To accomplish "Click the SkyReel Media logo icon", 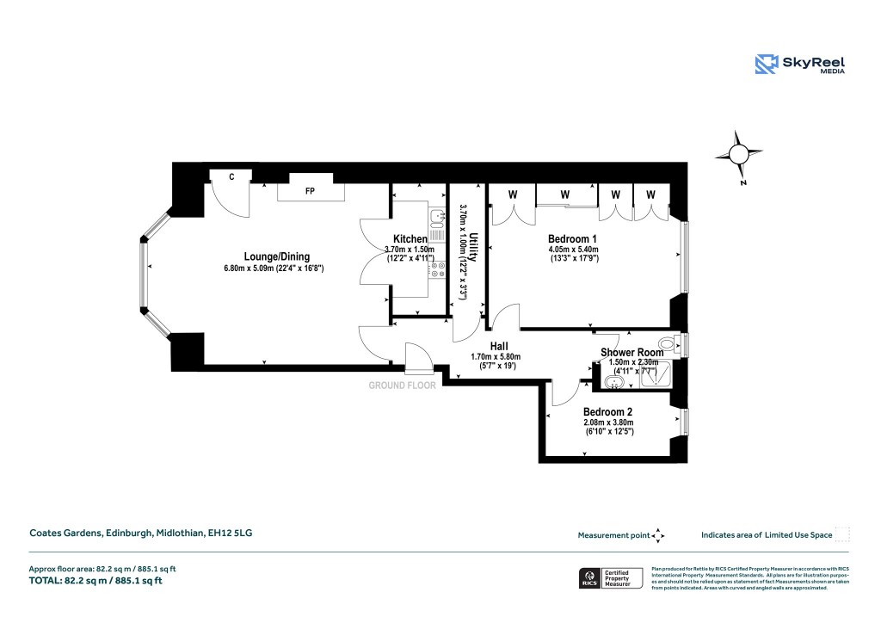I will (x=766, y=64).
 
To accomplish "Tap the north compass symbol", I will (x=739, y=155).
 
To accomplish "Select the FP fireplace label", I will (x=309, y=191).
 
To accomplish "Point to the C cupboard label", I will (x=231, y=176).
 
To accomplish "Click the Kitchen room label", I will (x=410, y=238).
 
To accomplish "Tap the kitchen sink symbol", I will (x=436, y=219).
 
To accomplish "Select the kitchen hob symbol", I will (x=436, y=270).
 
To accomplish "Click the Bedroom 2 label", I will (x=608, y=411).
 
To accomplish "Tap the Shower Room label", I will (x=631, y=352).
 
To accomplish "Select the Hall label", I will (x=499, y=345).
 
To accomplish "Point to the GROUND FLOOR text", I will (x=402, y=386).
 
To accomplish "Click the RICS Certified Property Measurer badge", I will (x=607, y=578).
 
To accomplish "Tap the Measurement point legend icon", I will (x=658, y=535).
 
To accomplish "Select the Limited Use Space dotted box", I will (x=842, y=534).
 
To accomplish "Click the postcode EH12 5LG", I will (x=231, y=534).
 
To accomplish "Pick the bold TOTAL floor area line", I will (x=96, y=581).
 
